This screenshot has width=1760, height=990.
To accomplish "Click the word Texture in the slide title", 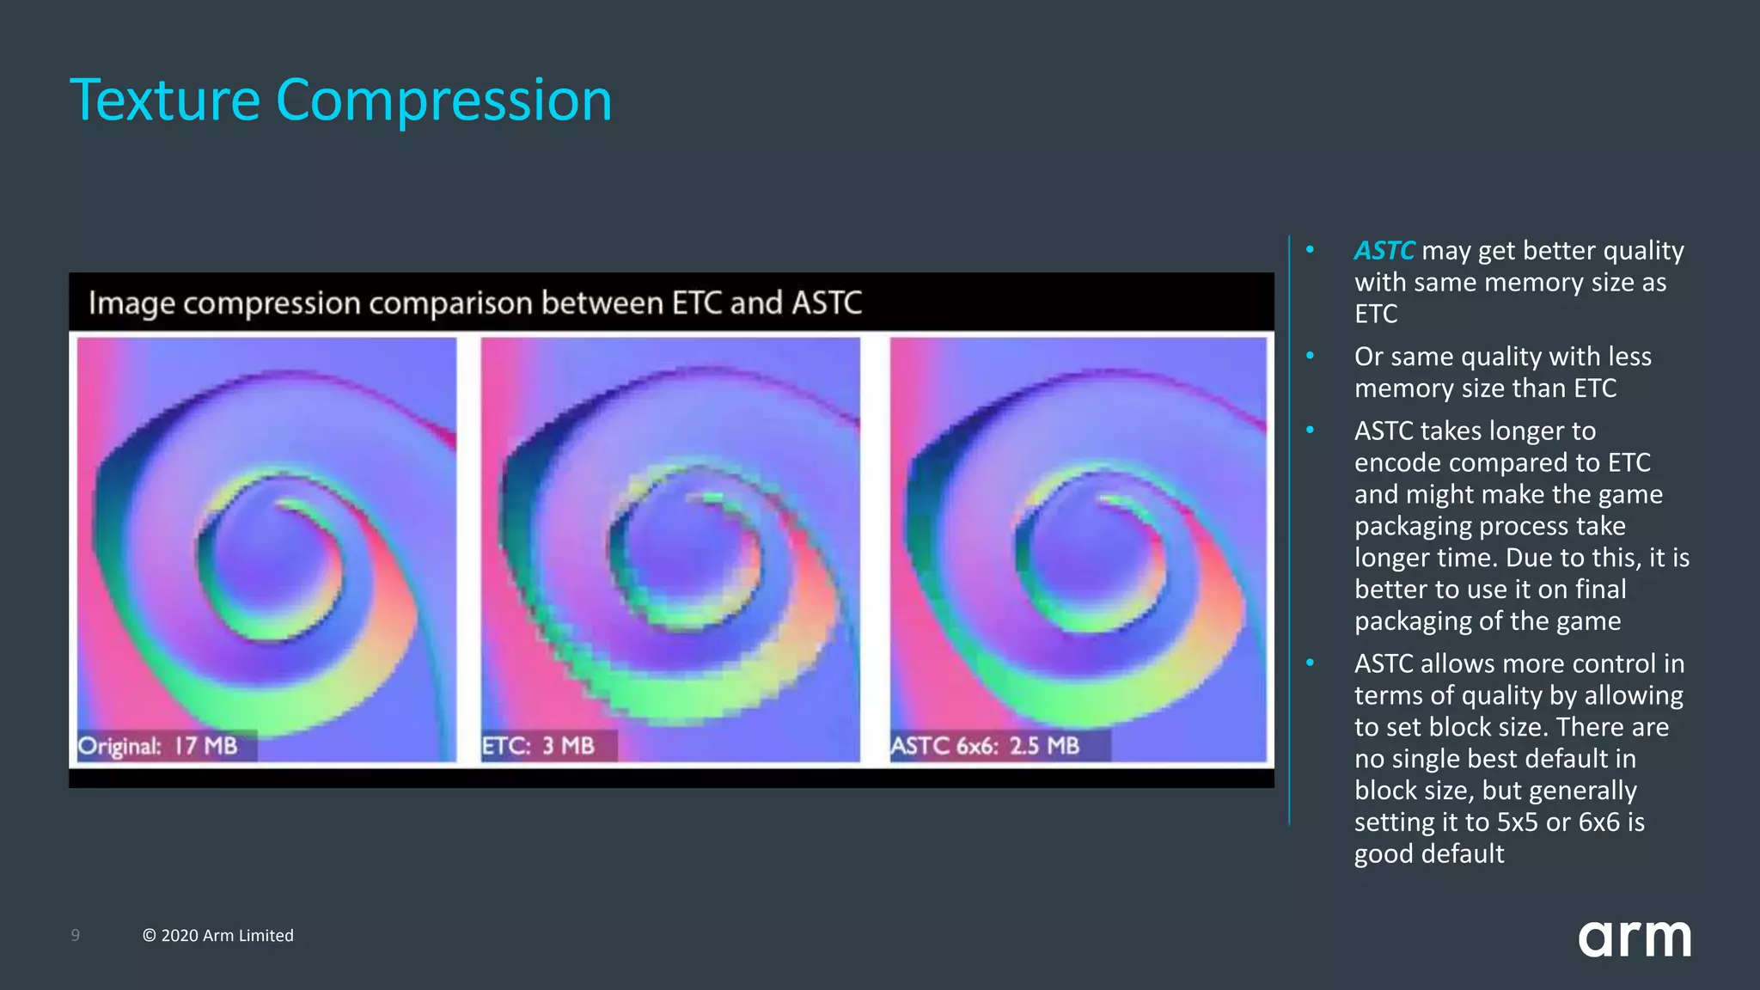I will pos(165,101).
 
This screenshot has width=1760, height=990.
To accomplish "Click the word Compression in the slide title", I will pos(443,101).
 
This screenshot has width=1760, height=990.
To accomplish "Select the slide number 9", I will pos(76,935).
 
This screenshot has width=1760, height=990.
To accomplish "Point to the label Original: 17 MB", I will pos(158,745).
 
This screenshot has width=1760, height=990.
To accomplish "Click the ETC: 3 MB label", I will pos(539,745).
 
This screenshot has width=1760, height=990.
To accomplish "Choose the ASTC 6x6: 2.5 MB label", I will pos(985,745).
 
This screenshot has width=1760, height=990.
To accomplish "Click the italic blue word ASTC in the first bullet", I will pos(1383,250).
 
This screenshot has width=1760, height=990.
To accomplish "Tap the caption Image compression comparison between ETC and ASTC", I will pos(474,302).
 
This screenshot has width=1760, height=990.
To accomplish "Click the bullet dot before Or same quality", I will pos(1310,356).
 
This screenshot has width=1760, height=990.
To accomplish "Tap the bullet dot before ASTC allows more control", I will pos(1310,663).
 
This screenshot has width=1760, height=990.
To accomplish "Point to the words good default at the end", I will pos(1428,853).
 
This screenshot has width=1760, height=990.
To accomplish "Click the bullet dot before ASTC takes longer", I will pos(1310,430).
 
